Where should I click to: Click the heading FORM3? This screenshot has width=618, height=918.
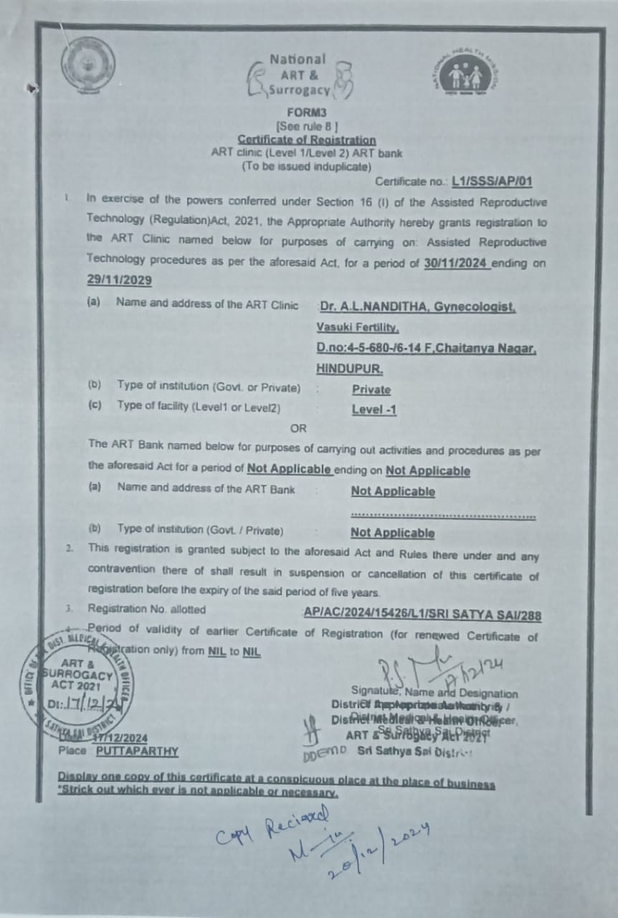[x=307, y=113]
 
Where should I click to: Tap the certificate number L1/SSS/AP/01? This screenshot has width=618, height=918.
[x=492, y=182]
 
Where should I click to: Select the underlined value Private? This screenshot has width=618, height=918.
[x=371, y=390]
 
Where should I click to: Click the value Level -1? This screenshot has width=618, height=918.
[x=374, y=410]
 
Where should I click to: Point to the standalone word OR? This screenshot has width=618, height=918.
[x=298, y=428]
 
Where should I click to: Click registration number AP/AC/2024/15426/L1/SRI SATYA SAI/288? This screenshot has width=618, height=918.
[x=422, y=615]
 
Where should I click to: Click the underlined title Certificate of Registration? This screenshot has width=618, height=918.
[x=306, y=140]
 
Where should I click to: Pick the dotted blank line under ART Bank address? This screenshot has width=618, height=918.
[x=443, y=515]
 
